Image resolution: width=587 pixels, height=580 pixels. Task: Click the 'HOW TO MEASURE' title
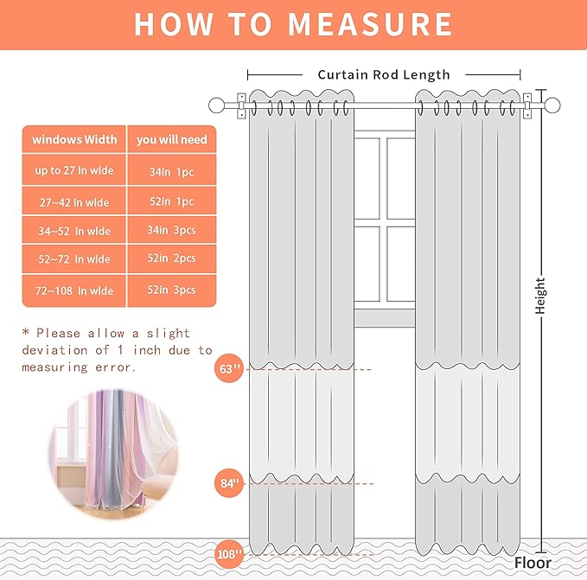[x=293, y=24]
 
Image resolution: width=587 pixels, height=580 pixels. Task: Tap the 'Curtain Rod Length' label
[x=384, y=74]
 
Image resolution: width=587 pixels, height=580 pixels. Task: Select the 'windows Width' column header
[x=74, y=139]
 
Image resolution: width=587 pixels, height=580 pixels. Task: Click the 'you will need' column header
[x=172, y=139]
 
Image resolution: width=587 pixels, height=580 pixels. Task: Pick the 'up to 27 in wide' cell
[x=74, y=171]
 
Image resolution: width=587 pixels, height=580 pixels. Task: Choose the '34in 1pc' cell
[x=172, y=171]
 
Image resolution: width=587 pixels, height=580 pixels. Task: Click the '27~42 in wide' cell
[x=74, y=201]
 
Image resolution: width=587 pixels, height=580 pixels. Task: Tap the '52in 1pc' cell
[x=172, y=201]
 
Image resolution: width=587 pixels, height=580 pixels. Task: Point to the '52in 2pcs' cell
[x=172, y=258]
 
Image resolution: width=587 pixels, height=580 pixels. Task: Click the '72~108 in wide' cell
[x=74, y=290]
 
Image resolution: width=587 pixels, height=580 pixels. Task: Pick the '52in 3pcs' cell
[x=172, y=290]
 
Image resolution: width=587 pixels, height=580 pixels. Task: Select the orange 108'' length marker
[x=229, y=553]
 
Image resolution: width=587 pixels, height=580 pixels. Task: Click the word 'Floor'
[x=532, y=563]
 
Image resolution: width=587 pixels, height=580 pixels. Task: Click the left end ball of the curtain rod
[x=216, y=106]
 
